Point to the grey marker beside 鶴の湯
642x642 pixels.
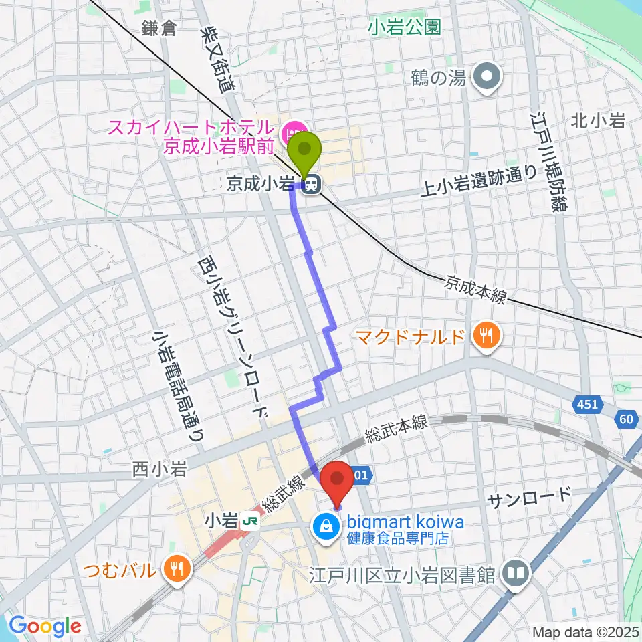487,78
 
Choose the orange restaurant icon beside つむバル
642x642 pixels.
177,569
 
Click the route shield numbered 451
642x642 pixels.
588,404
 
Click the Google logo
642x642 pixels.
45,626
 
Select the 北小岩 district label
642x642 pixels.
598,121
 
